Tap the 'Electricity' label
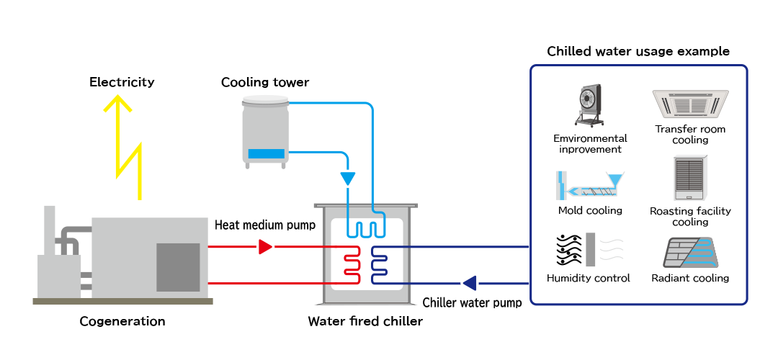click(122, 82)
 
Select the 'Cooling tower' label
click(265, 83)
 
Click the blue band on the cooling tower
click(267, 153)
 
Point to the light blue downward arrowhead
click(348, 177)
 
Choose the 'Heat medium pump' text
click(265, 225)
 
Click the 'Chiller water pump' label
click(472, 302)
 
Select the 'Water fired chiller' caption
click(365, 321)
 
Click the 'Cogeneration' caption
click(122, 321)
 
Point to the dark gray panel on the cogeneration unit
click(178, 267)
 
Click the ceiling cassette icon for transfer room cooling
click(690, 105)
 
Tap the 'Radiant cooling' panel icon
click(690, 253)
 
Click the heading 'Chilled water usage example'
click(638, 52)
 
